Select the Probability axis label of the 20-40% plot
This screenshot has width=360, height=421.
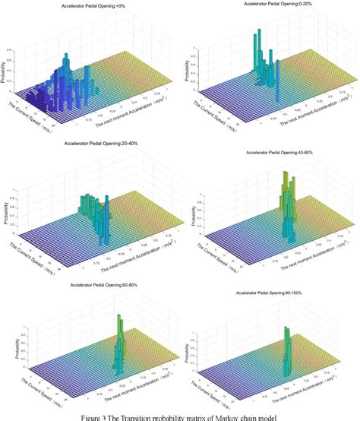pos(7,200)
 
